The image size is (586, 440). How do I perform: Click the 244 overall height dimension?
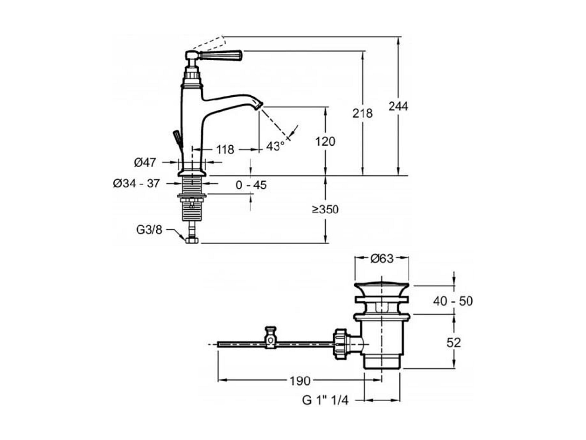click(398, 106)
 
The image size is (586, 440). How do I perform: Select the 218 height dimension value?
click(362, 114)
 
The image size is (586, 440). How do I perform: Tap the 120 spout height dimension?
click(325, 142)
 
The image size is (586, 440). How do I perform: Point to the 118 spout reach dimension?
click(225, 149)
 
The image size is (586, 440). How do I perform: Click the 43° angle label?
click(275, 146)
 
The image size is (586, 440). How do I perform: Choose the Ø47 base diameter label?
click(145, 162)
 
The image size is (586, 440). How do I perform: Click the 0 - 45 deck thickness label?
click(251, 185)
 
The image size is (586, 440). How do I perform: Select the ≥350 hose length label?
click(325, 209)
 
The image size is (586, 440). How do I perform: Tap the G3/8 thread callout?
click(149, 230)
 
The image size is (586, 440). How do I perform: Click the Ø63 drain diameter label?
click(382, 258)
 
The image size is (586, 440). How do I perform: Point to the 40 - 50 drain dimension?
click(453, 301)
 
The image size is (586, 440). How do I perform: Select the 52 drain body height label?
click(453, 343)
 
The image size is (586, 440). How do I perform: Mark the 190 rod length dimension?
click(300, 381)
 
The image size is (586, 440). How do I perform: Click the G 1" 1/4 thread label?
click(325, 408)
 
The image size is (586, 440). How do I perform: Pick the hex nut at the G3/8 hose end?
click(192, 240)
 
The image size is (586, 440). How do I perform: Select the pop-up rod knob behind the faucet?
click(177, 136)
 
